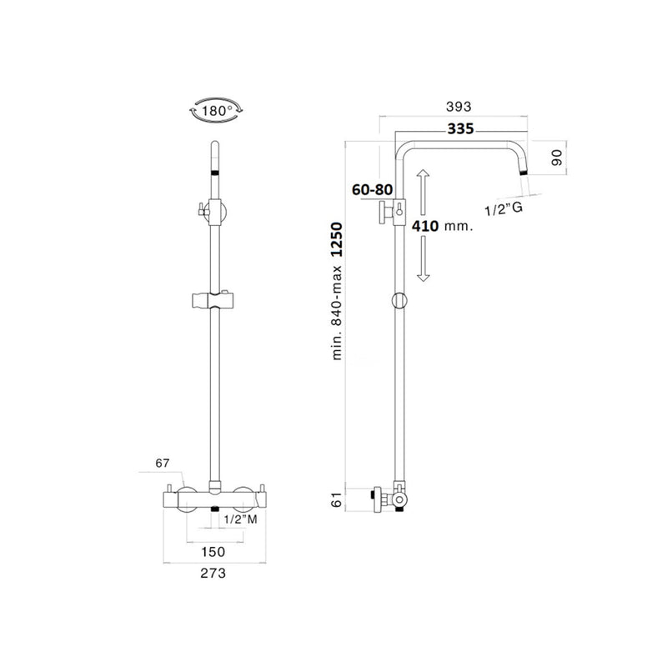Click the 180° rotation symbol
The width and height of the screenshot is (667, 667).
click(216, 111)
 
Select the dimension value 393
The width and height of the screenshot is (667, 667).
click(459, 107)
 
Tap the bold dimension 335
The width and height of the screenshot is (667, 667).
click(461, 128)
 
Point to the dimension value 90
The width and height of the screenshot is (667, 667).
click(557, 158)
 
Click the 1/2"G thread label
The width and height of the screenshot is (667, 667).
click(504, 209)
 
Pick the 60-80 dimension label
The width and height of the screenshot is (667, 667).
click(372, 190)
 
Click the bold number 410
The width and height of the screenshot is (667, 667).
click(425, 226)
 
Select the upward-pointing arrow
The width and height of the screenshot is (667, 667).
click(423, 192)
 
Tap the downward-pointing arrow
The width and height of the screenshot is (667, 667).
click(423, 258)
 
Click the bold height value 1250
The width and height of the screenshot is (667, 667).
click(337, 239)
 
